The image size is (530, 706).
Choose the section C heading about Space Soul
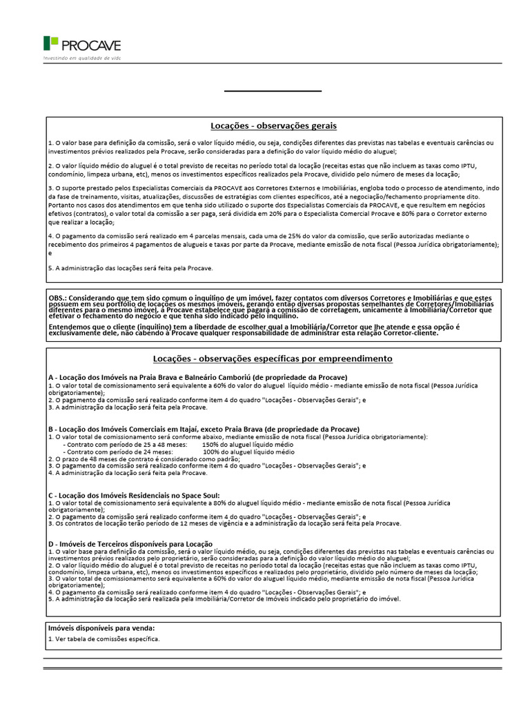click(134, 495)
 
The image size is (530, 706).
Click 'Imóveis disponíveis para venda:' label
click(101, 628)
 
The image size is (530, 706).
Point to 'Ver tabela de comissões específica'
click(104, 639)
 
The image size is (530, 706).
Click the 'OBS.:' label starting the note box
click(57, 295)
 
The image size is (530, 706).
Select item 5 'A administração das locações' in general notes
click(130, 268)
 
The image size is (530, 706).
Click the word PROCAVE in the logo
click(91, 46)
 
